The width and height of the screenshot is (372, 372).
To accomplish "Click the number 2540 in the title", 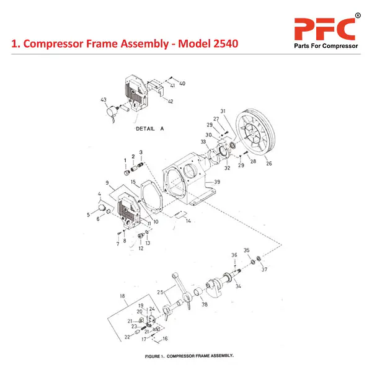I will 221,45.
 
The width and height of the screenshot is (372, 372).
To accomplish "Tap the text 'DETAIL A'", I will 149,130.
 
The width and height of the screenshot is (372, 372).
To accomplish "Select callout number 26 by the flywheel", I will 268,164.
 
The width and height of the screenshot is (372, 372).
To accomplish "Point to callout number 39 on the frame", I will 217,182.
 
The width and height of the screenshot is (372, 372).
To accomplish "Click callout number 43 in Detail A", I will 104,100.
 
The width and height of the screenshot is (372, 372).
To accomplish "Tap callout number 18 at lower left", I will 123,296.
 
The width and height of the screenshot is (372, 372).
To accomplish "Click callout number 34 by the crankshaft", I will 239,286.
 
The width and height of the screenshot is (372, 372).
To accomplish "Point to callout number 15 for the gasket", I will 133,182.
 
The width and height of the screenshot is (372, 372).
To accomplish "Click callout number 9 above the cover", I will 107,183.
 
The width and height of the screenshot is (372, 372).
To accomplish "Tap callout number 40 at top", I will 182,83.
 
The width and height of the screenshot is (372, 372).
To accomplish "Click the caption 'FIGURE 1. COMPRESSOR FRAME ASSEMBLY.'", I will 188,356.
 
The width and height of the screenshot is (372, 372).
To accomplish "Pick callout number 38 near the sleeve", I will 205,304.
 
